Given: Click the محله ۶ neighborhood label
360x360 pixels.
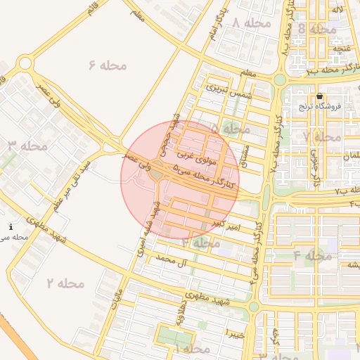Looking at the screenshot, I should pyautogui.click(x=108, y=65).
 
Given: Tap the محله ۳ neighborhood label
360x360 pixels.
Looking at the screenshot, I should pyautogui.click(x=28, y=146).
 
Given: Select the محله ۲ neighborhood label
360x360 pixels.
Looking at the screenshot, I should pyautogui.click(x=65, y=283).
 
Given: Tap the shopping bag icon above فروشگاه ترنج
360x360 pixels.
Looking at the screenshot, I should pyautogui.click(x=320, y=96).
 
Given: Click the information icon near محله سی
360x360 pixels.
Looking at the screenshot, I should pyautogui.click(x=11, y=226).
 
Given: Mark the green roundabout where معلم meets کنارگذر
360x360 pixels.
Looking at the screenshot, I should pyautogui.click(x=280, y=79).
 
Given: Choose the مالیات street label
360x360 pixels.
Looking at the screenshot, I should pyautogui.click(x=117, y=300).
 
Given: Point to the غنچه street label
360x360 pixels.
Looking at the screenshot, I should pyautogui.click(x=342, y=46).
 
